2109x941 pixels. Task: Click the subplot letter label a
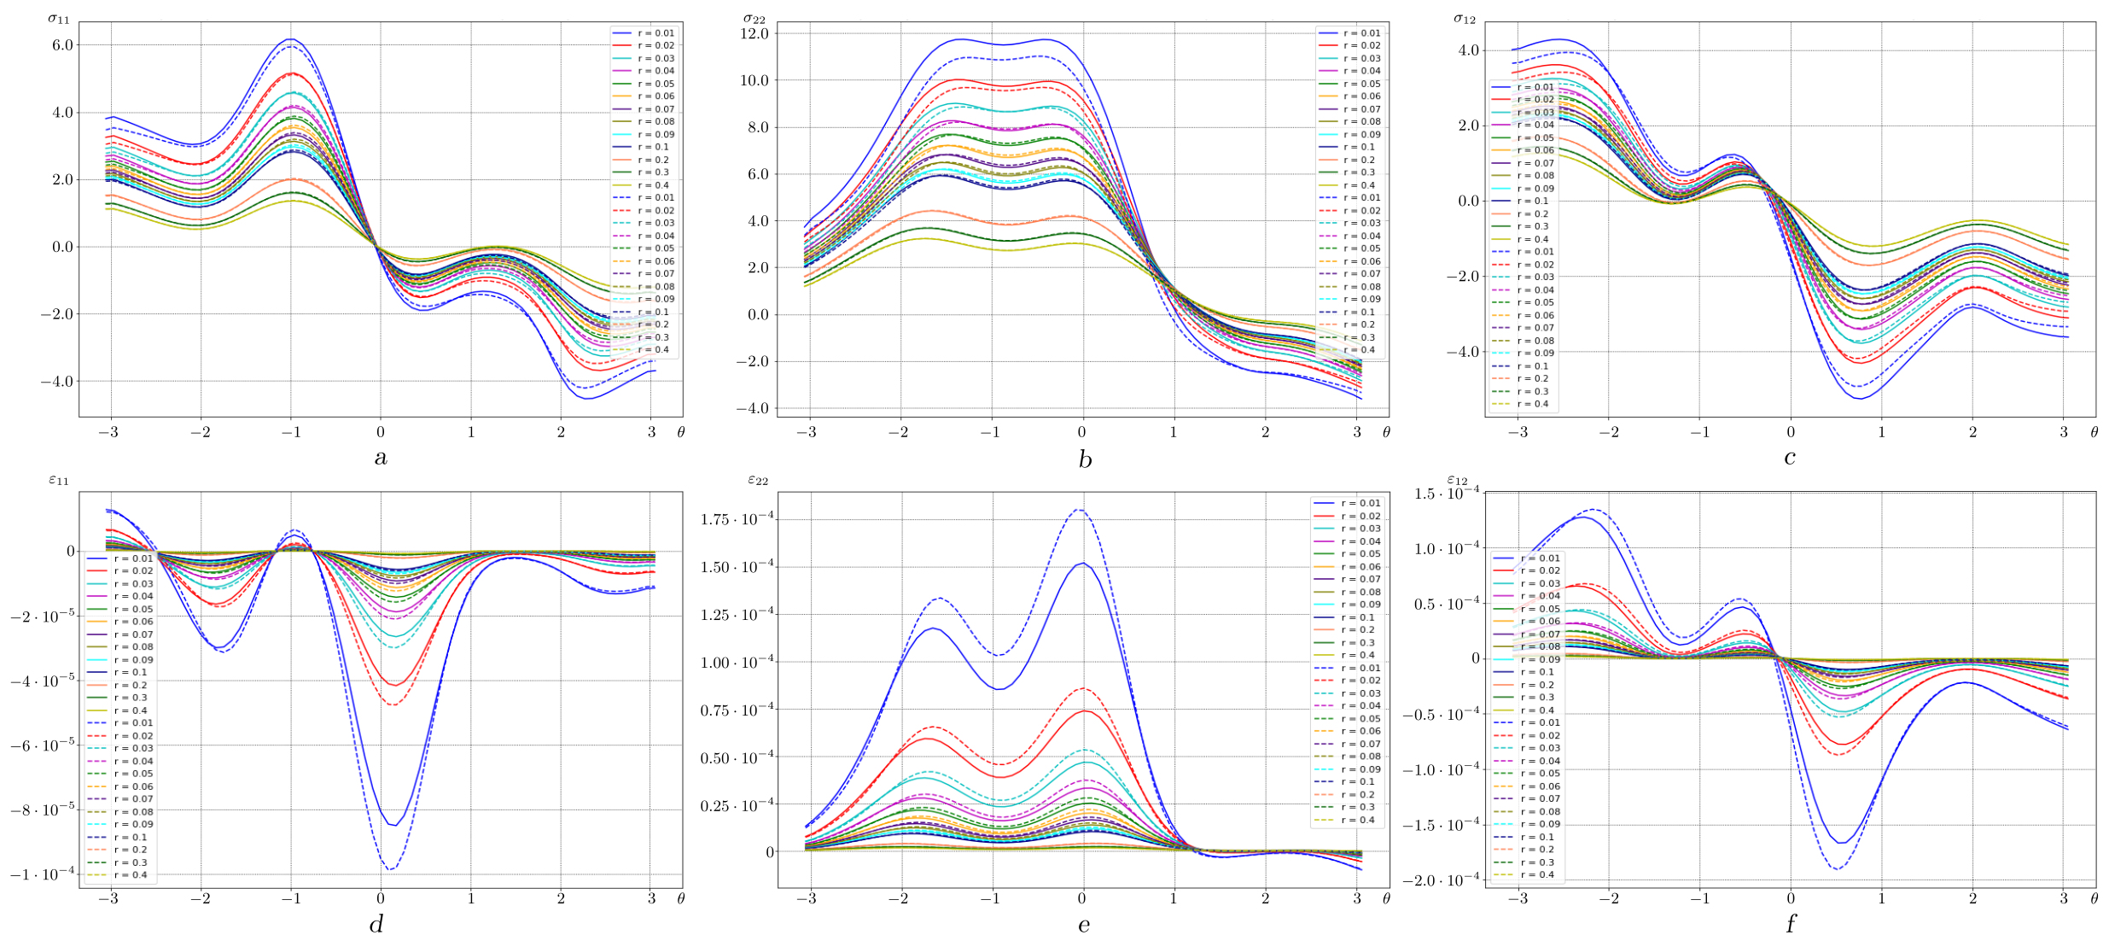pos(381,458)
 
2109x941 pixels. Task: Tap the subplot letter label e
pos(1084,924)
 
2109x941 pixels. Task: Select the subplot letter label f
pos(1790,924)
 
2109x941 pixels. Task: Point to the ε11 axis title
pos(58,480)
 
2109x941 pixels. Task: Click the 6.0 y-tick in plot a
pos(62,45)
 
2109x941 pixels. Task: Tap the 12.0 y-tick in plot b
pos(756,34)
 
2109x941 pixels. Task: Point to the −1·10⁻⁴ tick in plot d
pos(42,874)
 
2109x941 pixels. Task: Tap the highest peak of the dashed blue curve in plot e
pos(1081,510)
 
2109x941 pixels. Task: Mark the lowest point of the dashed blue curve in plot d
pos(390,869)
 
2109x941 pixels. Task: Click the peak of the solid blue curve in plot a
pos(291,39)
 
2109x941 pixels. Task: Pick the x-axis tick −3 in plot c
pos(1518,433)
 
